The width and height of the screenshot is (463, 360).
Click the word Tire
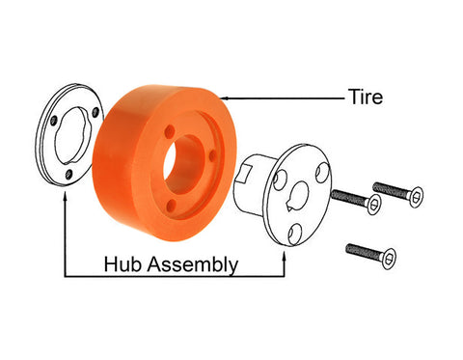[x=366, y=97]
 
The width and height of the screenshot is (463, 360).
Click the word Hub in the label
[x=123, y=263]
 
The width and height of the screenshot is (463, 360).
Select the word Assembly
[x=193, y=265]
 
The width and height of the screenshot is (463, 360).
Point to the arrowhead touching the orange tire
[x=224, y=97]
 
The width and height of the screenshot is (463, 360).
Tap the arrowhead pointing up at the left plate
[x=66, y=196]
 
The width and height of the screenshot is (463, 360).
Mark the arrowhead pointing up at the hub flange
[x=284, y=258]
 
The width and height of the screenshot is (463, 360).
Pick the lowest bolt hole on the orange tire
[x=173, y=204]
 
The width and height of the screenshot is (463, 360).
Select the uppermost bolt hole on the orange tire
[x=170, y=131]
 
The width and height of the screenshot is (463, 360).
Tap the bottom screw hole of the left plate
[x=68, y=175]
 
